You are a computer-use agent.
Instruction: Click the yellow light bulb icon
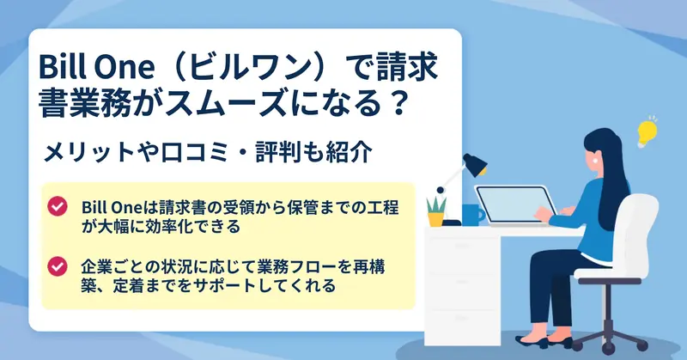[x=647, y=133]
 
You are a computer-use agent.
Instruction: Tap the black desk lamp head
[x=475, y=164]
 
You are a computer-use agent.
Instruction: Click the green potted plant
[x=436, y=211]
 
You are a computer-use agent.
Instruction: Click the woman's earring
[x=595, y=160]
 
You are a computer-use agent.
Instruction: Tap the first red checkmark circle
[x=58, y=206]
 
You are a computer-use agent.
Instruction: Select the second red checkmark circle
[x=58, y=266]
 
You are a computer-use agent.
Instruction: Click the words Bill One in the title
[x=97, y=67]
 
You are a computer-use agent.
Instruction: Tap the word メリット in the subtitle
[x=88, y=153]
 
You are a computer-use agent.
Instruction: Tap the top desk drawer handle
[x=462, y=246]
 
